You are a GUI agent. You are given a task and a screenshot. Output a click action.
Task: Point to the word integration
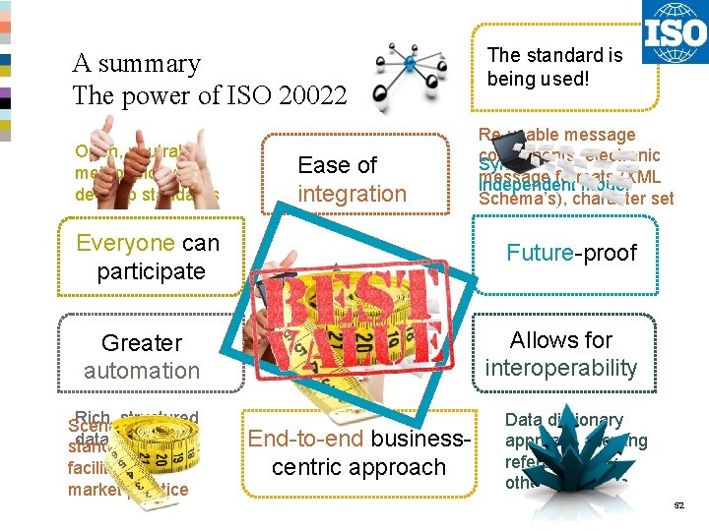352,194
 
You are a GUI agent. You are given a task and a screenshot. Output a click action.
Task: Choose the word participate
151,270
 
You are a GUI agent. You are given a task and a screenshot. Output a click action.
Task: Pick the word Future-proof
571,253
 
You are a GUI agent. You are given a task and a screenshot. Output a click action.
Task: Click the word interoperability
560,368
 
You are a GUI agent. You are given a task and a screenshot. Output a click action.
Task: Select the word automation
142,371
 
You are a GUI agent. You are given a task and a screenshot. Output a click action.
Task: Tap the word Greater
142,343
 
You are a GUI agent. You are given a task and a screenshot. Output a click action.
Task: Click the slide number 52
677,504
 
